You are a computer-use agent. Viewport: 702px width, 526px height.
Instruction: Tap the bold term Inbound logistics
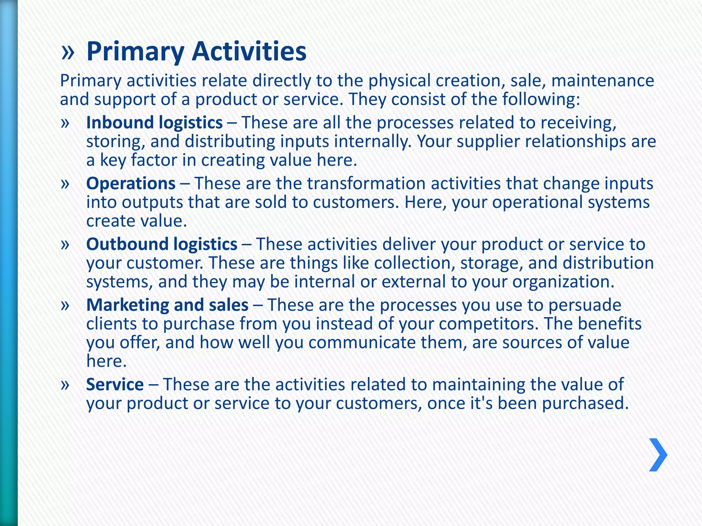tap(154, 123)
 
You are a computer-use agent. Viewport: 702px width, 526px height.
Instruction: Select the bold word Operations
tap(131, 184)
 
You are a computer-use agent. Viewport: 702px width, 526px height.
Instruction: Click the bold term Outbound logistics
tap(161, 245)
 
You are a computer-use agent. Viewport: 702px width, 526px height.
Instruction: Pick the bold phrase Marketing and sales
tap(167, 305)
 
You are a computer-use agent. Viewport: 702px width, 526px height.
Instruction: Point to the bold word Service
tap(115, 385)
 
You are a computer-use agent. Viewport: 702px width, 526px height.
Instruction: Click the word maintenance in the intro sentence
tap(603, 81)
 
